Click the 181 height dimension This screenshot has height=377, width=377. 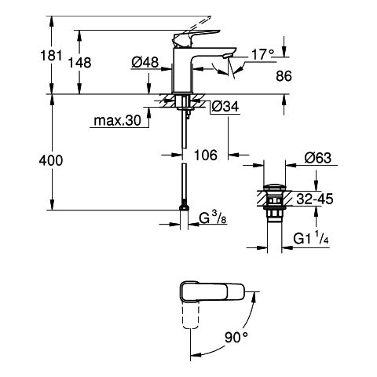click(51, 56)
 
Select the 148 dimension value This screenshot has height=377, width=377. click(79, 63)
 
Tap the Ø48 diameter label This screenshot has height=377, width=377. click(145, 62)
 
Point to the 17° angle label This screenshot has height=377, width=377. click(262, 54)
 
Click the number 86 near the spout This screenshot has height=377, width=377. click(284, 76)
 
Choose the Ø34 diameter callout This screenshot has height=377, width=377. click(225, 107)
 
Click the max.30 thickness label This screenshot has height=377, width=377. click(117, 120)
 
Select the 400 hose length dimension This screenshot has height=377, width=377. click(51, 160)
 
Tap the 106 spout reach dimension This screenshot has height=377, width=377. click(206, 155)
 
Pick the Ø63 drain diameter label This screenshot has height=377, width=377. click(318, 158)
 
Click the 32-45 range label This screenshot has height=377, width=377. click(315, 199)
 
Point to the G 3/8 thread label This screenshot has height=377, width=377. click(213, 218)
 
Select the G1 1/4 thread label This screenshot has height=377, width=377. click(311, 239)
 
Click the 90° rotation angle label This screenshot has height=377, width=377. click(236, 337)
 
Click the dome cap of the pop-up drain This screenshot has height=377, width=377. click(274, 187)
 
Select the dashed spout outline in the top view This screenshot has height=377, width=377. click(190, 316)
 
